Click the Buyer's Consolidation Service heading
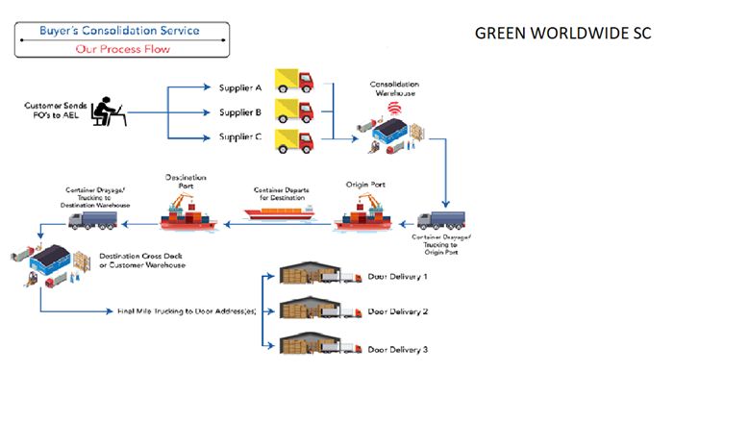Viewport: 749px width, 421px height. tap(119, 30)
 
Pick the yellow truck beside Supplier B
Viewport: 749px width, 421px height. tap(294, 111)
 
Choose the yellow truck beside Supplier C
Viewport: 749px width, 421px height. tap(294, 141)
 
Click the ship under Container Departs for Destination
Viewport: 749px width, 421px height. tap(279, 212)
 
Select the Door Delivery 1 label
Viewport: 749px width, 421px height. tap(398, 278)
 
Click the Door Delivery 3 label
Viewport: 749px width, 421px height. tap(398, 348)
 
